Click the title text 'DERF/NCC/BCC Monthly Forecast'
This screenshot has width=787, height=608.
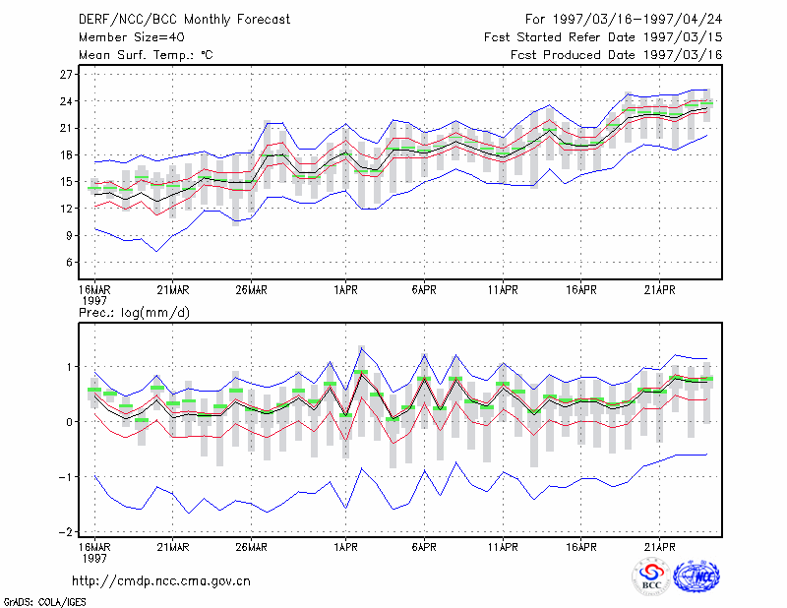click(184, 20)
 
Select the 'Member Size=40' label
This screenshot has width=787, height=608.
click(132, 37)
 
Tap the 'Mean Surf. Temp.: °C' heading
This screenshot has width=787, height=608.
click(146, 55)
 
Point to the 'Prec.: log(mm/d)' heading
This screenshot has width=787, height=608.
click(134, 313)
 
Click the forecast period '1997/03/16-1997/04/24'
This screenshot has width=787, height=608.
click(637, 20)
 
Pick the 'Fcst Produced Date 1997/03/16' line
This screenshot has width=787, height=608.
click(617, 55)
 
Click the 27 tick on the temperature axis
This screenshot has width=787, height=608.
click(66, 75)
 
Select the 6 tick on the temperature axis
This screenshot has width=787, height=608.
click(69, 263)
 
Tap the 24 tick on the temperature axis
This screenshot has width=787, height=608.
click(66, 101)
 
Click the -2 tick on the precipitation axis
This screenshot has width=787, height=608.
click(65, 531)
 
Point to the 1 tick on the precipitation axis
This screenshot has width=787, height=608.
click(69, 367)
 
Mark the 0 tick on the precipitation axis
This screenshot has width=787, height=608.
click(69, 422)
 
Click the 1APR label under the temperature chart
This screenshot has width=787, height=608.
click(346, 290)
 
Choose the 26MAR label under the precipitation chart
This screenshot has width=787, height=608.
click(252, 547)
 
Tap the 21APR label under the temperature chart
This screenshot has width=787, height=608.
click(659, 290)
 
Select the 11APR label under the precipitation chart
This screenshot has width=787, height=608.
click(503, 547)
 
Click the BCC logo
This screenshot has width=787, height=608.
click(651, 577)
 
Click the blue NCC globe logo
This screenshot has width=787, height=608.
click(696, 577)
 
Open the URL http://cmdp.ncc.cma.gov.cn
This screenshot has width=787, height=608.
click(161, 581)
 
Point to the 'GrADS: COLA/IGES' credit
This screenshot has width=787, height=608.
click(44, 602)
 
